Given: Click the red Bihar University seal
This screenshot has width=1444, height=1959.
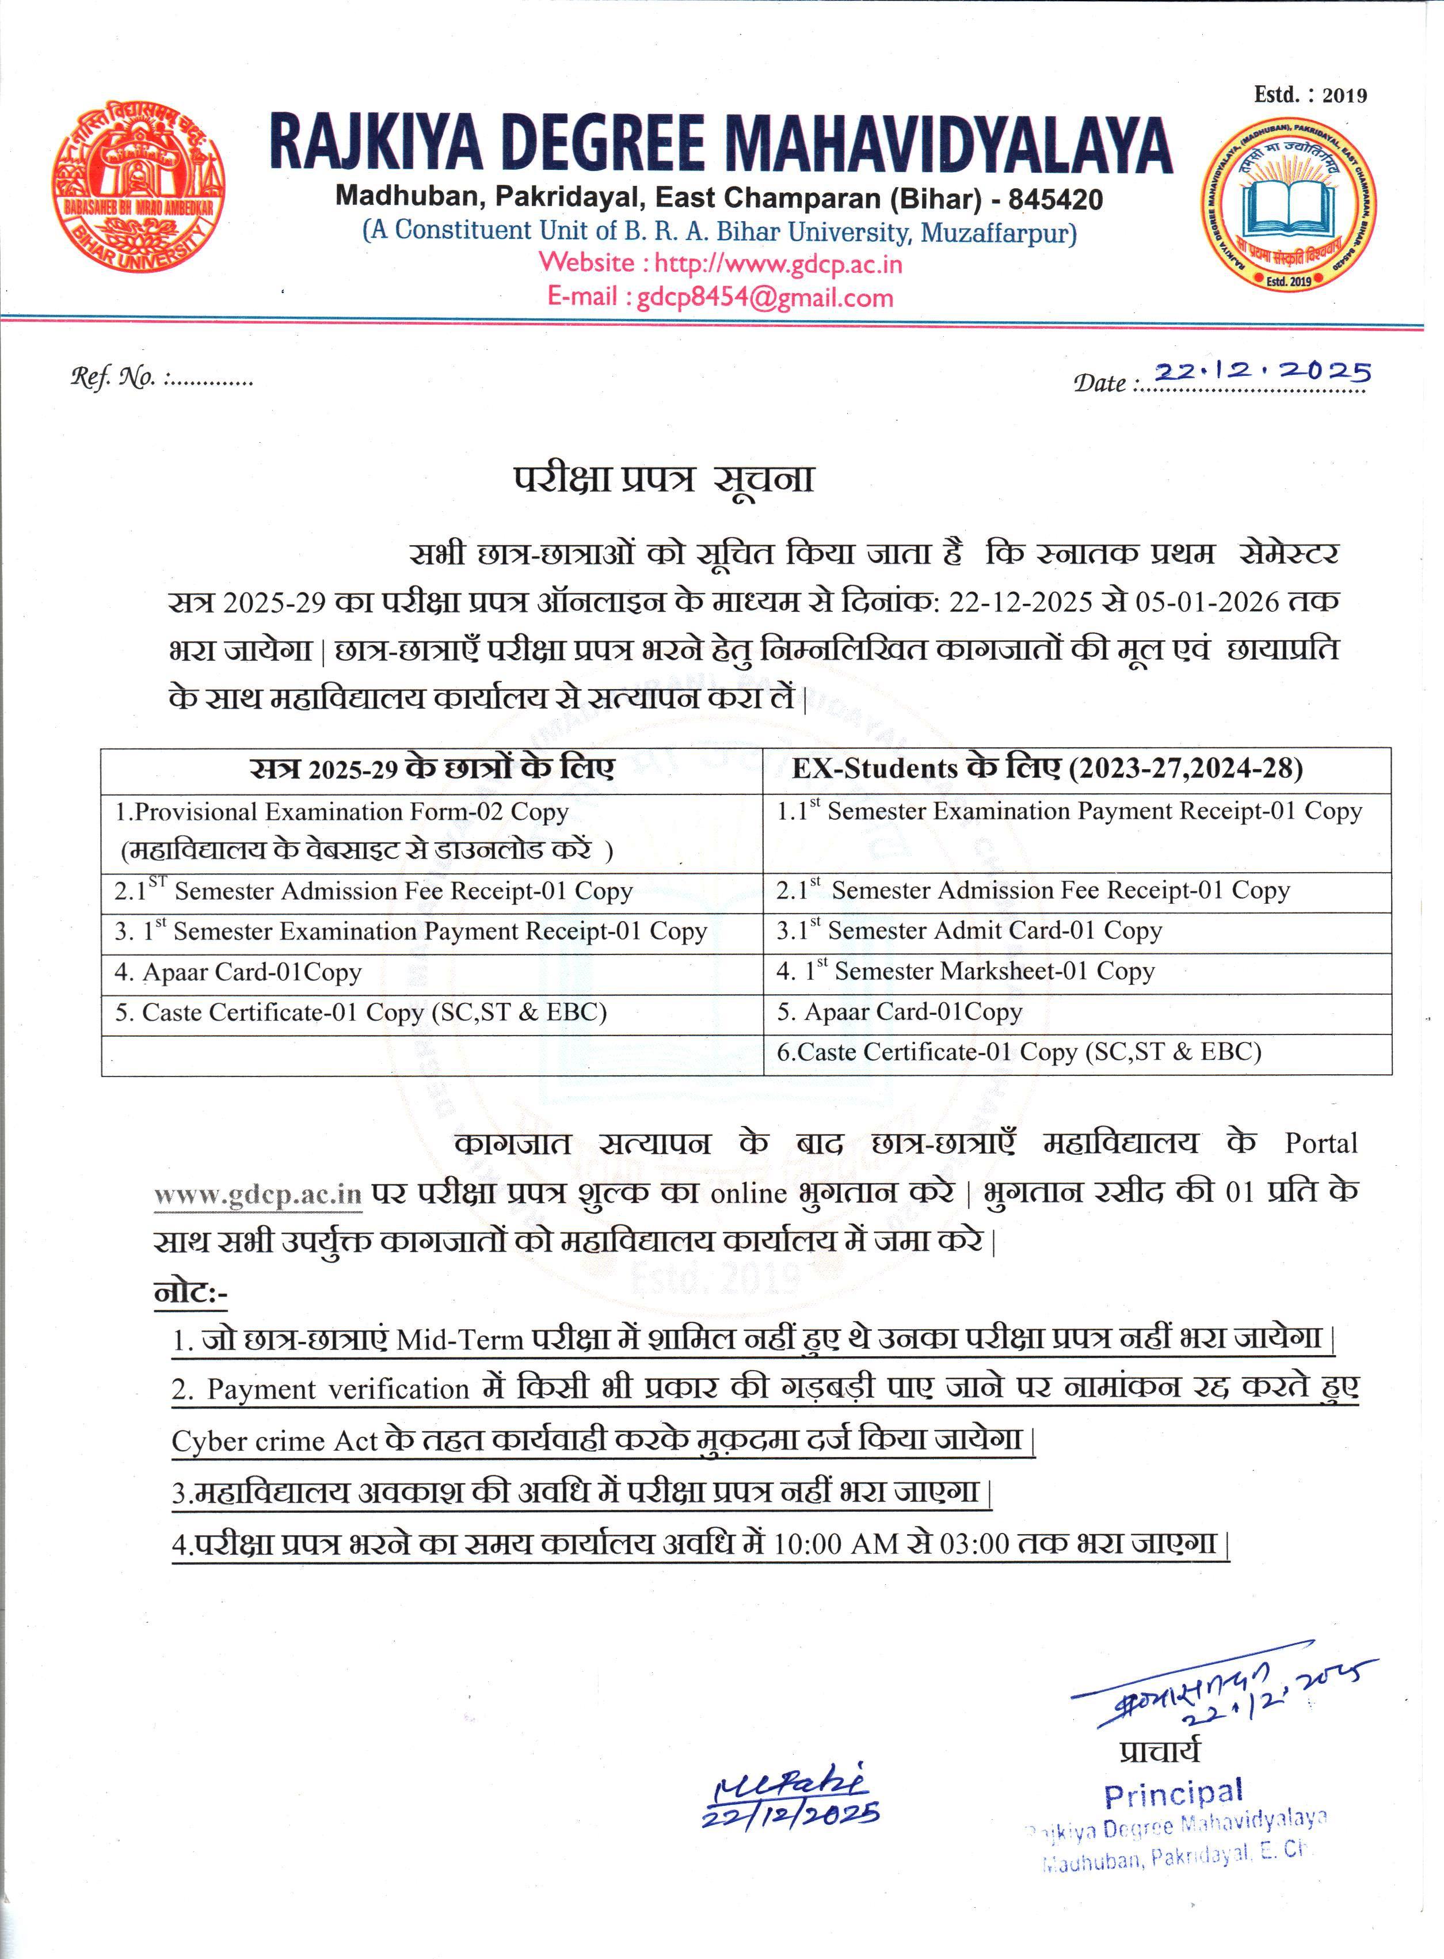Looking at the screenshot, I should pyautogui.click(x=136, y=188).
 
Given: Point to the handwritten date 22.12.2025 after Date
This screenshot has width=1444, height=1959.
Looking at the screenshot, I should pyautogui.click(x=1262, y=372).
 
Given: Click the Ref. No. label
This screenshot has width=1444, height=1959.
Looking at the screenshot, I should pyautogui.click(x=113, y=378).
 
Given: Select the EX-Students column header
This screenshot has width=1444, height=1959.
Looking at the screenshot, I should pyautogui.click(x=1046, y=769).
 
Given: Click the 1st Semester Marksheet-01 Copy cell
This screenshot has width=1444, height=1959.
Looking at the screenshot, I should pyautogui.click(x=979, y=971).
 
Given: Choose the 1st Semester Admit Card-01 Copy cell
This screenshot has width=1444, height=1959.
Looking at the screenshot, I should pyautogui.click(x=969, y=931).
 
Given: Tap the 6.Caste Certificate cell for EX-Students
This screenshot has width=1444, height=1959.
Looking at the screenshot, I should pyautogui.click(x=1018, y=1052).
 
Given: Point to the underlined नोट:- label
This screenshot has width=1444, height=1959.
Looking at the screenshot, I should pyautogui.click(x=190, y=1292).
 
